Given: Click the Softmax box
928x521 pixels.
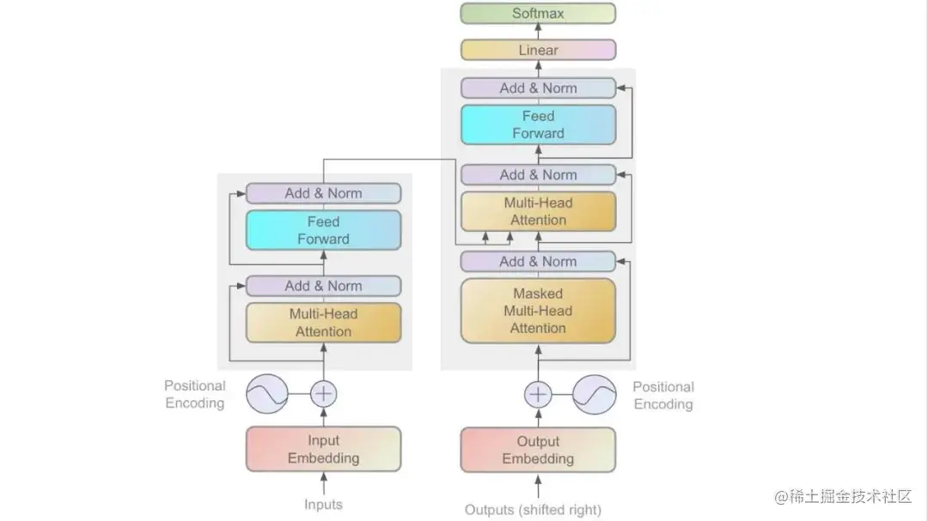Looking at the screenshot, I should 538,13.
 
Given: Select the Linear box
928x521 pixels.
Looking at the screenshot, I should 538,50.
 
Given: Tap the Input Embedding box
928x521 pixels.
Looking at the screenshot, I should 323,449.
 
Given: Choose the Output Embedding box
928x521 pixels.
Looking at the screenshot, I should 538,449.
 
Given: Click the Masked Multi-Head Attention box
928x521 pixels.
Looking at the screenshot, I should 538,311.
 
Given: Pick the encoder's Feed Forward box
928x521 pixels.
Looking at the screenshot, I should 323,230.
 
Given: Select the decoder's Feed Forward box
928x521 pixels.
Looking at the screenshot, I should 538,124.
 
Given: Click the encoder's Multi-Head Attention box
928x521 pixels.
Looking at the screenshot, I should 323,323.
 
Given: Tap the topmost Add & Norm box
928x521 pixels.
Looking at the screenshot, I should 538,88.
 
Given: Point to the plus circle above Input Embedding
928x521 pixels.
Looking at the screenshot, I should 323,394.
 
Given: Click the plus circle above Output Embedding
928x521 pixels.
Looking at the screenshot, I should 538,394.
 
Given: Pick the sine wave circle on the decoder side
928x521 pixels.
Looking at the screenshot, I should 595,394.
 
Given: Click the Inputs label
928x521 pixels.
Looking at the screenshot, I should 323,505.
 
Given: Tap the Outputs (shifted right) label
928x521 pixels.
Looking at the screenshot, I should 533,510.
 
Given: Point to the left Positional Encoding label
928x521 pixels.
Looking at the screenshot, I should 195,395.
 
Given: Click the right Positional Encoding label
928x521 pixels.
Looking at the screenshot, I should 662,396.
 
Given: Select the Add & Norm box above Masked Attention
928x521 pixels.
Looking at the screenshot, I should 538,262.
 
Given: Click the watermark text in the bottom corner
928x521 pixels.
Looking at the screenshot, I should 842,496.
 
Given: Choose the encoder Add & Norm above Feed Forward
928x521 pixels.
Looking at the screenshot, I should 323,193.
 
